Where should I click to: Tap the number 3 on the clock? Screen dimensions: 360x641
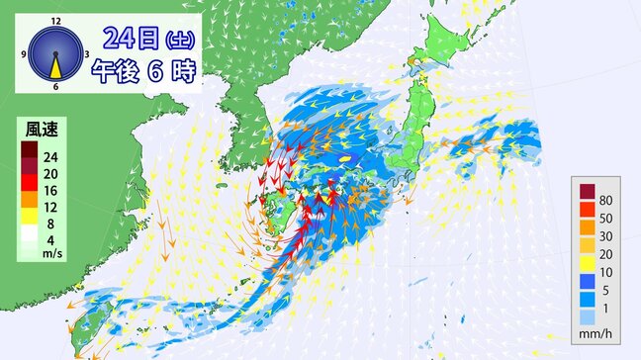[x=87, y=53]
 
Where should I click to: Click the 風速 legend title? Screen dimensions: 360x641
[x=41, y=131]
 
